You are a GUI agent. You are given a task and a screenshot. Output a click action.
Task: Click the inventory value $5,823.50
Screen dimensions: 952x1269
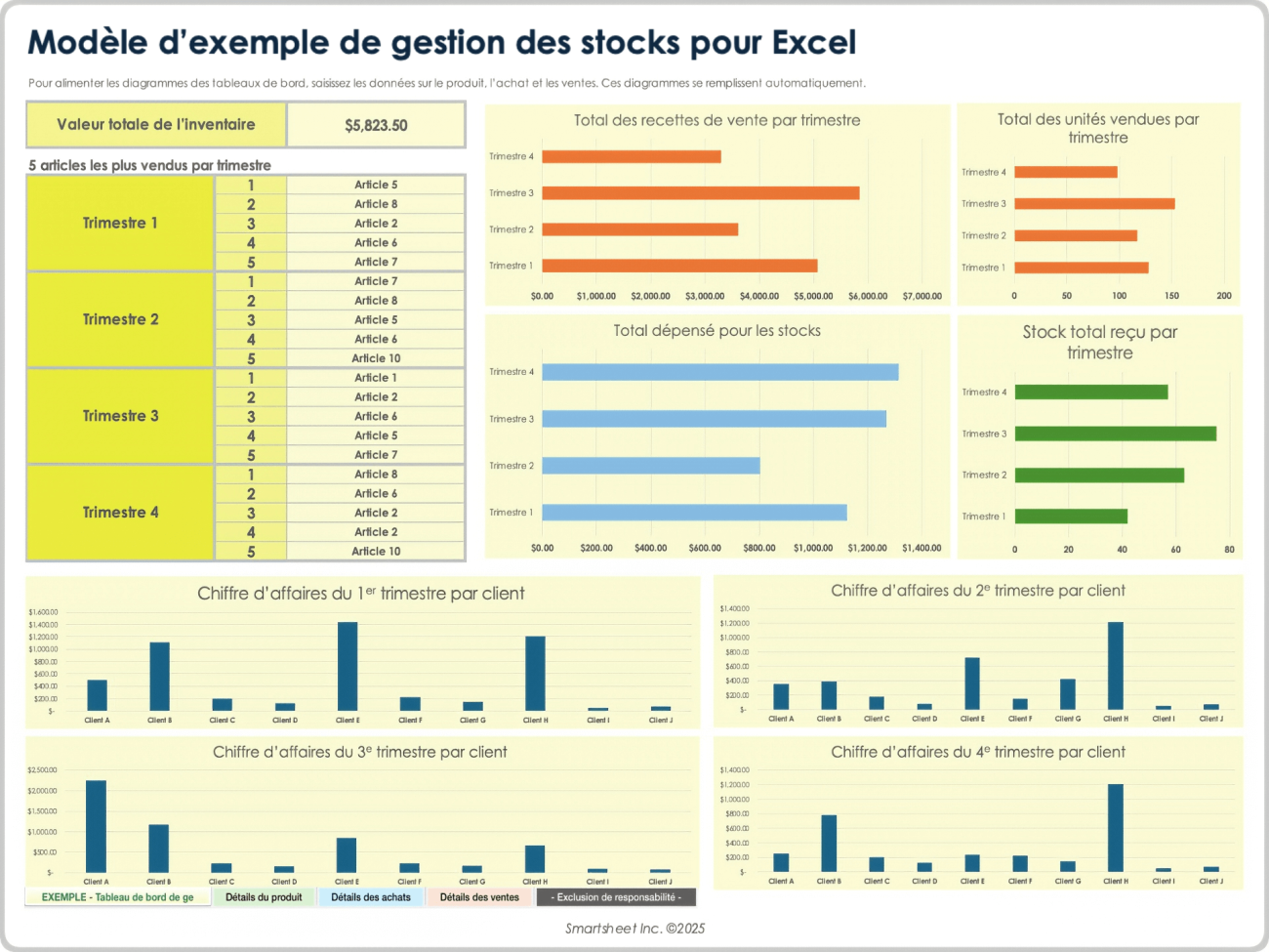click(376, 125)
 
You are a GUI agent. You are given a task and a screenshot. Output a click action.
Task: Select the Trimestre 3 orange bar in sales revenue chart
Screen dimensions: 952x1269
click(700, 193)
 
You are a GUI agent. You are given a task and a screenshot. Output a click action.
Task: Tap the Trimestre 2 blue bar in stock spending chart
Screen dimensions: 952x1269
click(650, 466)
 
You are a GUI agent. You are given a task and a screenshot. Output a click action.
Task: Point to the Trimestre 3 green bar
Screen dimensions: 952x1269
click(1115, 434)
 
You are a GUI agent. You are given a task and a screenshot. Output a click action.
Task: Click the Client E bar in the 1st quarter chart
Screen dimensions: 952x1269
click(348, 666)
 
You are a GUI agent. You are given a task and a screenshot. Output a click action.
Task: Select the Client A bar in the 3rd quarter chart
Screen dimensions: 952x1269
click(96, 825)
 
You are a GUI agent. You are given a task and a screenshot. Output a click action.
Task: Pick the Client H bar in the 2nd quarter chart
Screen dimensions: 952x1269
click(1115, 665)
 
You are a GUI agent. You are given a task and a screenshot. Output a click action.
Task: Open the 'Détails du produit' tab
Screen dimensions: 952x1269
click(264, 897)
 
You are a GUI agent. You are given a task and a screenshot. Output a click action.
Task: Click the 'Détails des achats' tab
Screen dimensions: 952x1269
click(371, 897)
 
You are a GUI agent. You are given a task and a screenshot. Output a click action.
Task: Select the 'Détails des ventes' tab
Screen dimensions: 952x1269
click(479, 897)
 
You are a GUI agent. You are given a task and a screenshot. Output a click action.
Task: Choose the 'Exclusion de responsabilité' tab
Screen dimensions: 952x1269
click(616, 897)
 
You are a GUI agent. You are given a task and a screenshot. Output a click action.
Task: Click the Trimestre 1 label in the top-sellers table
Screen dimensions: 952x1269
click(120, 223)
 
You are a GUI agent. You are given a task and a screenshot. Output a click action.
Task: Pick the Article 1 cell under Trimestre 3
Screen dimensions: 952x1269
click(376, 378)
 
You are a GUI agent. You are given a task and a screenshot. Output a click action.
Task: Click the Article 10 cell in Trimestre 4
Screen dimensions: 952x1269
click(376, 552)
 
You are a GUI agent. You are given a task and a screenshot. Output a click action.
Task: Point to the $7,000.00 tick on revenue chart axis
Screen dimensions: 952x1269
click(921, 296)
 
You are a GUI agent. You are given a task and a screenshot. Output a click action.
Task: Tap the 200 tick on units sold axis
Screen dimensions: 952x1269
click(1223, 296)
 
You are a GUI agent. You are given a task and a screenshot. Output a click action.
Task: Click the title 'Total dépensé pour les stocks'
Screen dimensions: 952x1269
click(716, 331)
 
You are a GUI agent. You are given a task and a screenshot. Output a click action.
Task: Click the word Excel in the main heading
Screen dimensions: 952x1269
click(813, 43)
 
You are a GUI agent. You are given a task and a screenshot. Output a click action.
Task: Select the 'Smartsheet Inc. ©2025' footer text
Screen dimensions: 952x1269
click(634, 929)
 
